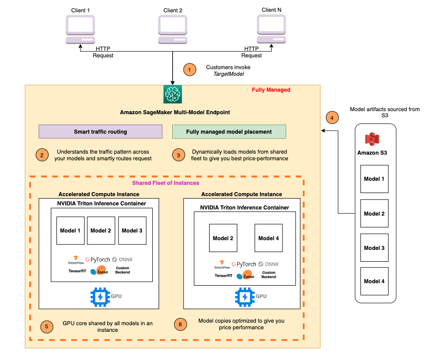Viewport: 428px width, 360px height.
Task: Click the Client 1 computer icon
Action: click(80, 30)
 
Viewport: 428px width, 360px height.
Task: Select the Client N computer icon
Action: click(271, 30)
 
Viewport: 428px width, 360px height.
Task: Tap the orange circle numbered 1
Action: click(190, 70)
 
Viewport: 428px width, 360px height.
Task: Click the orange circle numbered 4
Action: click(333, 117)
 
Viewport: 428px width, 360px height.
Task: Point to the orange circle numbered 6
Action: click(179, 324)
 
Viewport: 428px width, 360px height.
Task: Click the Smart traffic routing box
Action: click(100, 132)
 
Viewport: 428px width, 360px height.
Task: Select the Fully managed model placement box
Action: click(229, 132)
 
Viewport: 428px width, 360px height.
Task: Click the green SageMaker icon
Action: click(173, 94)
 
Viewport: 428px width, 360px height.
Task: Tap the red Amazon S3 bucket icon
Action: click(372, 139)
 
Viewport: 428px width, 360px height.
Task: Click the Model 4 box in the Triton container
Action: click(269, 238)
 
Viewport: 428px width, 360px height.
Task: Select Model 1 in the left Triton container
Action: click(70, 230)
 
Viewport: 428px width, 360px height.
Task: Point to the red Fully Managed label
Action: click(271, 90)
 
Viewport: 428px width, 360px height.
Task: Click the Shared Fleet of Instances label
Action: click(166, 183)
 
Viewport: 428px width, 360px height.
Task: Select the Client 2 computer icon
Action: click(173, 30)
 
